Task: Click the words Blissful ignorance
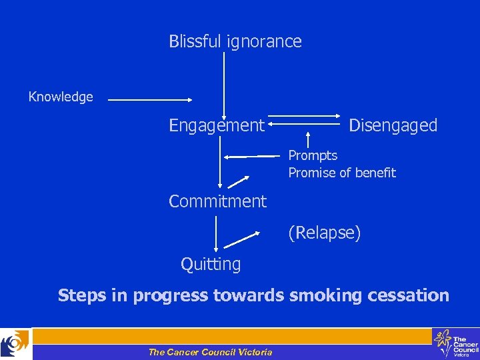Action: [x=235, y=42]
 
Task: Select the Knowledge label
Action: [x=61, y=97]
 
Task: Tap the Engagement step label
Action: [x=217, y=125]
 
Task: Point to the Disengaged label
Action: [x=393, y=125]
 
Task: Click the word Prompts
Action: [x=313, y=156]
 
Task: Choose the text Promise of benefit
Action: [x=342, y=173]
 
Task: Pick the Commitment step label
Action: [x=217, y=201]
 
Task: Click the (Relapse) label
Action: [x=324, y=233]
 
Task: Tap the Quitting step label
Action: [x=211, y=265]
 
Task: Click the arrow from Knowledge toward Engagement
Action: [x=149, y=101]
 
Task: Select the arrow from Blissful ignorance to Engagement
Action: [x=224, y=83]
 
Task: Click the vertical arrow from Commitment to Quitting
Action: [x=216, y=233]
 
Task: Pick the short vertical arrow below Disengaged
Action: [x=307, y=139]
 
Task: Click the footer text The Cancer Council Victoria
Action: [x=210, y=352]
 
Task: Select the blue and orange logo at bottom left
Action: [x=15, y=344]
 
